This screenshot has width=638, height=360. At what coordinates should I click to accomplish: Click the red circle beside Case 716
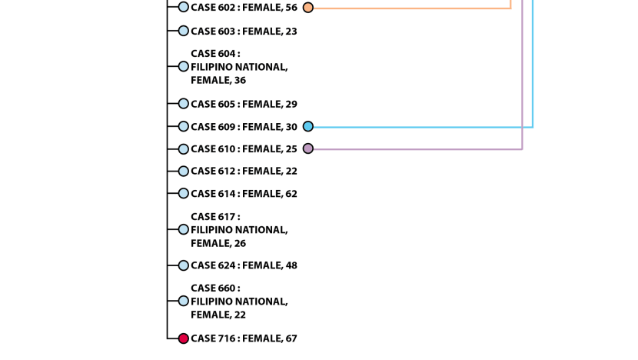(184, 338)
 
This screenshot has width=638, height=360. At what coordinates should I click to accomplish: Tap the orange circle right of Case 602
(308, 8)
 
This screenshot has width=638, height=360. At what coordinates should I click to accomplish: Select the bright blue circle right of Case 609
(308, 127)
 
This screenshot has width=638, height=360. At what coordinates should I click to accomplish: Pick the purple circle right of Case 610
(308, 148)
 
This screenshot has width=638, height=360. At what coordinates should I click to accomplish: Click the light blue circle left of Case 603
(184, 31)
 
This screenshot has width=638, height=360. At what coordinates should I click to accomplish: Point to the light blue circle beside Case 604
(184, 66)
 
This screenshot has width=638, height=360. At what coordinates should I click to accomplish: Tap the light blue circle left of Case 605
(184, 103)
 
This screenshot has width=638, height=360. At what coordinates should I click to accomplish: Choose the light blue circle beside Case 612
(184, 171)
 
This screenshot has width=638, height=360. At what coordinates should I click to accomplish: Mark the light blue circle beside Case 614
(184, 193)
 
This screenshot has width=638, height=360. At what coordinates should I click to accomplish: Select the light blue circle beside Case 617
(184, 229)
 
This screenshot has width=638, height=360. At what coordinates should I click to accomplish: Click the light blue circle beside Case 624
(184, 265)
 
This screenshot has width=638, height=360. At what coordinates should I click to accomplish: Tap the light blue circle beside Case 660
(184, 301)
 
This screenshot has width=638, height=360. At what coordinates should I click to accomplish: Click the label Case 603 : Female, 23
(244, 32)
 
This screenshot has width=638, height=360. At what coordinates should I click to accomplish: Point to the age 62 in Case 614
(291, 193)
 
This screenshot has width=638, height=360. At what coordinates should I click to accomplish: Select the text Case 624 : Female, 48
(244, 265)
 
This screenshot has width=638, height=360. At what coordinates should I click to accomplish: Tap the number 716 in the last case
(227, 338)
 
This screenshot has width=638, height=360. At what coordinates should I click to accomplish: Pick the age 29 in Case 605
(291, 105)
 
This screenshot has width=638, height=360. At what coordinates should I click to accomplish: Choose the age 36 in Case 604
(240, 80)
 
